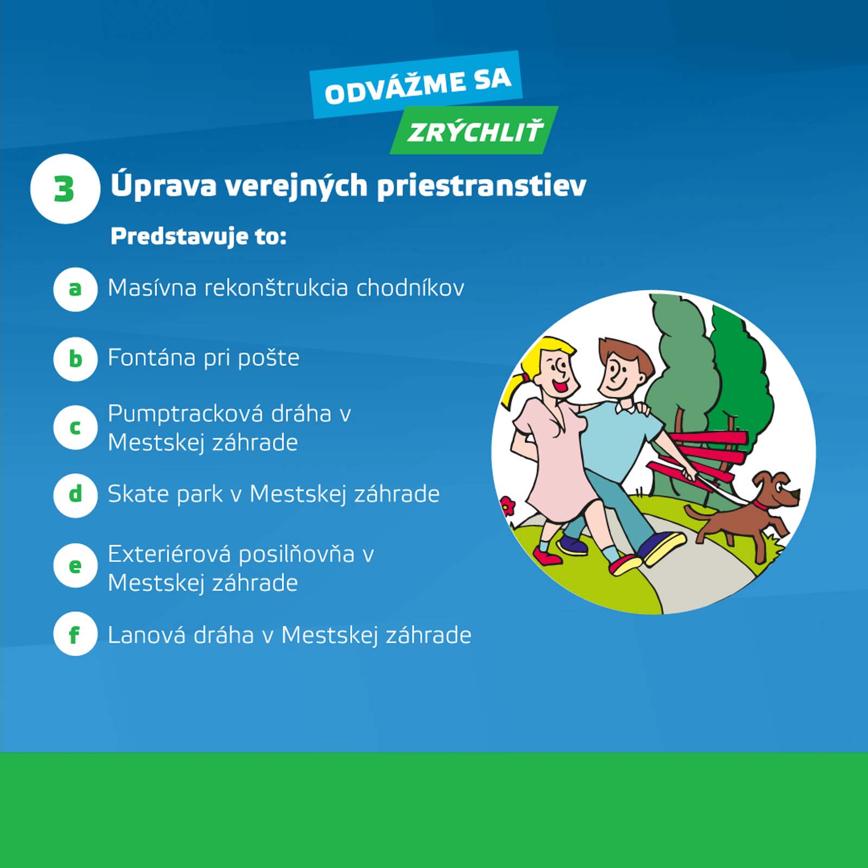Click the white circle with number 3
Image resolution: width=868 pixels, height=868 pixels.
(x=65, y=189)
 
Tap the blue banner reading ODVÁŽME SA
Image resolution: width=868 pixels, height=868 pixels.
(x=417, y=85)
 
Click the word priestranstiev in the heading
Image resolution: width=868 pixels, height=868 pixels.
(x=481, y=186)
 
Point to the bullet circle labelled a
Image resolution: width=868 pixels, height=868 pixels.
(x=75, y=289)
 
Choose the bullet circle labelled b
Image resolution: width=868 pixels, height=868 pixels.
(x=75, y=359)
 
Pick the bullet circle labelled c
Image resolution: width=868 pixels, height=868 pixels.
(x=75, y=427)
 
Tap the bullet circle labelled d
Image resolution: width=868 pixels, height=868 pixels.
(x=75, y=495)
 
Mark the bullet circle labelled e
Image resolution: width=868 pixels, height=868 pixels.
(x=75, y=566)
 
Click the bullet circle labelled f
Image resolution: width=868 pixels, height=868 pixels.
(x=75, y=634)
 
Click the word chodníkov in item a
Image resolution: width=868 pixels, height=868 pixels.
(x=410, y=288)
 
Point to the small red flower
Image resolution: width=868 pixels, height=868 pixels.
(x=507, y=506)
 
